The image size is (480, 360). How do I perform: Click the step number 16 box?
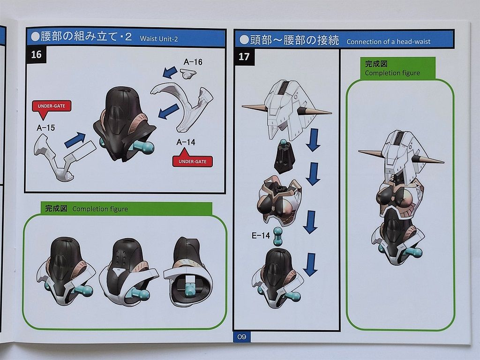pos(36,54)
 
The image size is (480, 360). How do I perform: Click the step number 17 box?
pos(244,57)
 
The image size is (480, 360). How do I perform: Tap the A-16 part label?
pos(193,62)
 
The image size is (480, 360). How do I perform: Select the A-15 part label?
pos(45,127)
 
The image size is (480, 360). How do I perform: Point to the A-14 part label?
pos(186,142)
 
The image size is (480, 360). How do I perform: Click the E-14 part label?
pos(261,235)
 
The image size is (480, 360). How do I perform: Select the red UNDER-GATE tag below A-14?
pos(192,158)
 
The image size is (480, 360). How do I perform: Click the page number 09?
pos(241,337)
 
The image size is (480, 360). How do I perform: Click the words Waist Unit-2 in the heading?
pos(158,39)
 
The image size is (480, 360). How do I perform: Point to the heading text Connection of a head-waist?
pos(389,42)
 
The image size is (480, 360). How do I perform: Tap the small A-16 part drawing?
pos(188,74)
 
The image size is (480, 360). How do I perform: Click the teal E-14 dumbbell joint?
pos(277,236)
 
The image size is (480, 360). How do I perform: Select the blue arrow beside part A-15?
pos(75,140)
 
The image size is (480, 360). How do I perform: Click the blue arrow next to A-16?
pos(170,72)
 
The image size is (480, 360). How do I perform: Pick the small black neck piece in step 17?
pos(284,157)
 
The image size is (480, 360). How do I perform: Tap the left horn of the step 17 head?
pos(255,107)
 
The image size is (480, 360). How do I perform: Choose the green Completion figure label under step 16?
pos(127,209)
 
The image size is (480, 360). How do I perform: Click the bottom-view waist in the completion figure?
pos(188,272)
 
